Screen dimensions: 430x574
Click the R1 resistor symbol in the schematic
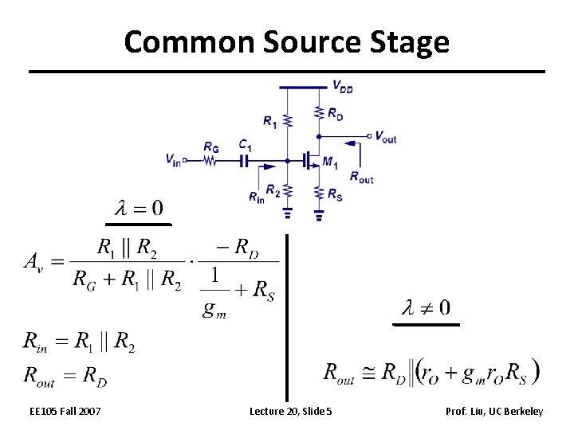[288, 119]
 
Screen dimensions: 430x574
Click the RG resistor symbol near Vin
[210, 160]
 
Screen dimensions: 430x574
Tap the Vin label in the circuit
[173, 158]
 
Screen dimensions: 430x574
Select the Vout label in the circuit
[385, 137]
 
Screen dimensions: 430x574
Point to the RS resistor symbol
[319, 192]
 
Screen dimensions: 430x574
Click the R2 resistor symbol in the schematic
[288, 191]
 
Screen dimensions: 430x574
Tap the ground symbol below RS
[319, 213]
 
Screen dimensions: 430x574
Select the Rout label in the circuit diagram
[361, 177]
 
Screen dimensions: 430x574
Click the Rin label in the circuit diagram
[256, 197]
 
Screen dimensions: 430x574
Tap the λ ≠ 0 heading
[427, 307]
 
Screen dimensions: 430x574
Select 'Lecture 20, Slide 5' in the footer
[290, 411]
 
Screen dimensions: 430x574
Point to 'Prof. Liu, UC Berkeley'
[495, 411]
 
